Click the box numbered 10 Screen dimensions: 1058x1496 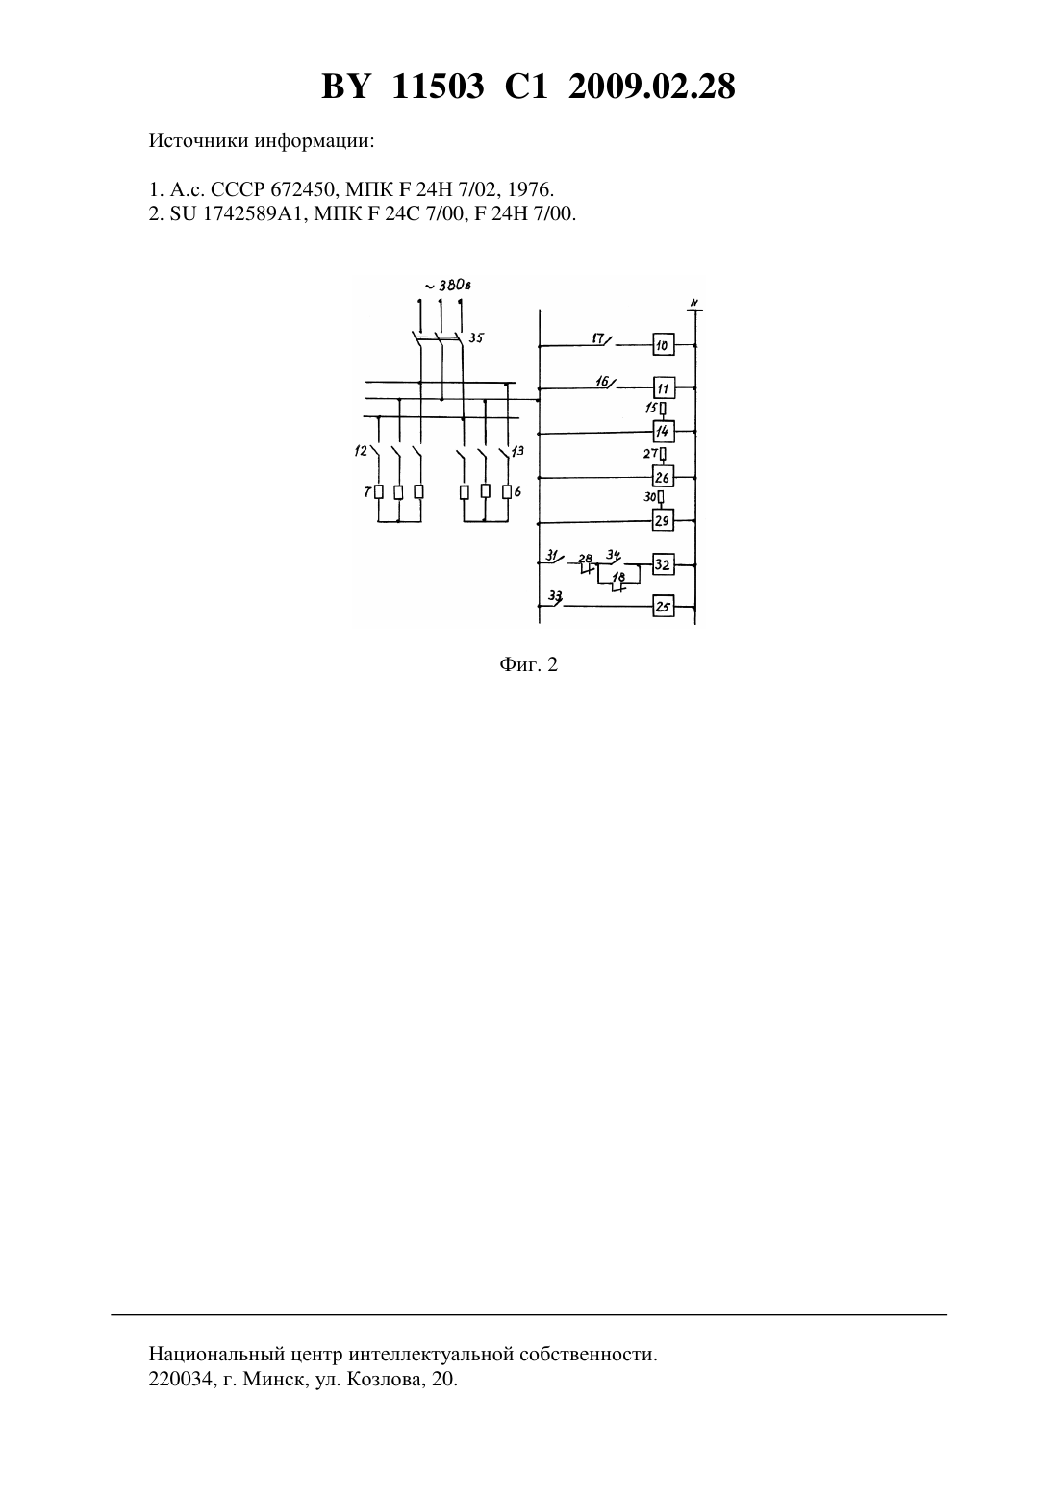pyautogui.click(x=664, y=344)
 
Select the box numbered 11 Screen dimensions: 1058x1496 pyautogui.click(x=664, y=387)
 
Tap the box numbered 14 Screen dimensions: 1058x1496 pyautogui.click(x=664, y=432)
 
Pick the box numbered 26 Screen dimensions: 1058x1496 pyautogui.click(x=664, y=477)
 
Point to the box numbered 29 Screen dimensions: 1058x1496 pyautogui.click(x=664, y=520)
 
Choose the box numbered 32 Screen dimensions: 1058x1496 pyautogui.click(x=664, y=564)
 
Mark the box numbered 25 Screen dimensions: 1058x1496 pyautogui.click(x=664, y=607)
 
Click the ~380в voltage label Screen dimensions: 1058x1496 pyautogui.click(x=448, y=286)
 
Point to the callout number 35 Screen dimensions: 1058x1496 pyautogui.click(x=475, y=337)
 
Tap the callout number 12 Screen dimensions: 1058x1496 pyautogui.click(x=361, y=451)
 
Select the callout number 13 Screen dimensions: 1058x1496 pyautogui.click(x=517, y=451)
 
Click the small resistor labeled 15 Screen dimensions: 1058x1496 pyautogui.click(x=663, y=408)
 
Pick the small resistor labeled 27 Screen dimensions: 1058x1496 pyautogui.click(x=663, y=454)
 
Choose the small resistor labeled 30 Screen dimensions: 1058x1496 pyautogui.click(x=661, y=498)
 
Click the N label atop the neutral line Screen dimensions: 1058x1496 pyautogui.click(x=694, y=303)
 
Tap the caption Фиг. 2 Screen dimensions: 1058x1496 pyautogui.click(x=528, y=664)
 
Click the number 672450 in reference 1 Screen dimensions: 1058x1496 pyautogui.click(x=303, y=189)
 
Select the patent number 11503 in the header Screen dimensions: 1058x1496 pyautogui.click(x=438, y=87)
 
